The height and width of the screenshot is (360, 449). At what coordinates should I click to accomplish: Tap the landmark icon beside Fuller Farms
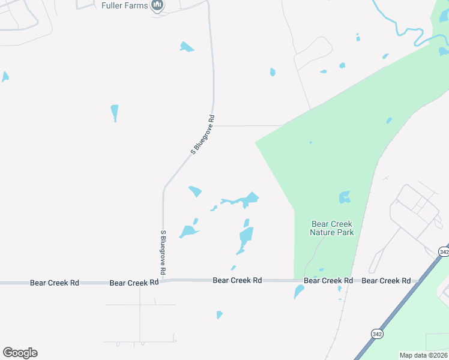pos(158,6)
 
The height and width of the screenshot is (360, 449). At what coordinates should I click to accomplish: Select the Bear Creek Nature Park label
pos(332,228)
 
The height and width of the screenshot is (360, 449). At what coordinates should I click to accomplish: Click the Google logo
pos(20,353)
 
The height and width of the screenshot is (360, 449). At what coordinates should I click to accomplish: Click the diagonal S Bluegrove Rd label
pos(203,135)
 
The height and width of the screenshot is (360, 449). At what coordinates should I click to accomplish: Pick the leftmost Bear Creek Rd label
pos(55,282)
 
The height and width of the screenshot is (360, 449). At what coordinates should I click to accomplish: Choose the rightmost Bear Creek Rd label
pos(387,281)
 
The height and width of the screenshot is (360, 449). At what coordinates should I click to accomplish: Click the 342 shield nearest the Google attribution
pos(377,334)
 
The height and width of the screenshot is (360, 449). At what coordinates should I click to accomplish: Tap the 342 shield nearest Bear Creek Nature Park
pos(444,252)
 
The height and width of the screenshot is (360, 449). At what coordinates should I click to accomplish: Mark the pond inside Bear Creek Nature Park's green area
pos(345,197)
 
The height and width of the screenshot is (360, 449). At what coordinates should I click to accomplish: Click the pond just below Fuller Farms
pos(187,47)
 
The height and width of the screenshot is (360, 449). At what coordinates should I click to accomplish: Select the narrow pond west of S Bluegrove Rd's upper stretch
pos(115,112)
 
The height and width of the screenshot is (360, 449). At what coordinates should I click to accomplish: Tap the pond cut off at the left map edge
pos(5,77)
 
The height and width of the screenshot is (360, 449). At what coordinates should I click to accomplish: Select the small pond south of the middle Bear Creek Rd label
pos(220,314)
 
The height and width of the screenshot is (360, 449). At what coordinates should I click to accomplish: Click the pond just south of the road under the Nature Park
pos(298,292)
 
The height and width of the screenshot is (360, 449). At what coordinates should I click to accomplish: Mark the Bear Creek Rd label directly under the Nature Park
pos(328,281)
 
